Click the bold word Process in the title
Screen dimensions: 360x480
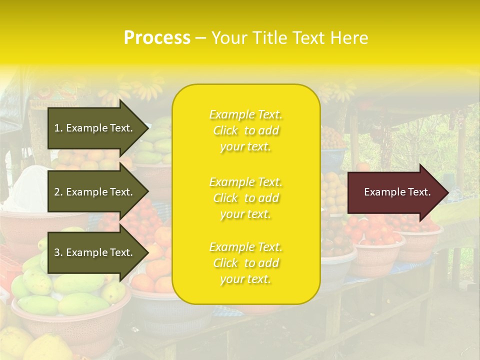coord(157,38)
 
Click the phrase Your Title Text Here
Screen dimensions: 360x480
coord(289,38)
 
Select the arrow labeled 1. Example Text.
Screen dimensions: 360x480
coord(95,128)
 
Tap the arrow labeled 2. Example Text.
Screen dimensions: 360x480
coord(95,192)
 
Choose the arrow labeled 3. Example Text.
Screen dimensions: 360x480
coord(95,252)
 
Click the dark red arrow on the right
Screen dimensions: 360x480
coord(395,192)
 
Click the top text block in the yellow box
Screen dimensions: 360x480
coord(246,130)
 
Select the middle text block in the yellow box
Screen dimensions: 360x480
coord(246,198)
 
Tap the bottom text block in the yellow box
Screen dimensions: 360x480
coord(246,263)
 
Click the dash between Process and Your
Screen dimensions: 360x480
coord(200,38)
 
